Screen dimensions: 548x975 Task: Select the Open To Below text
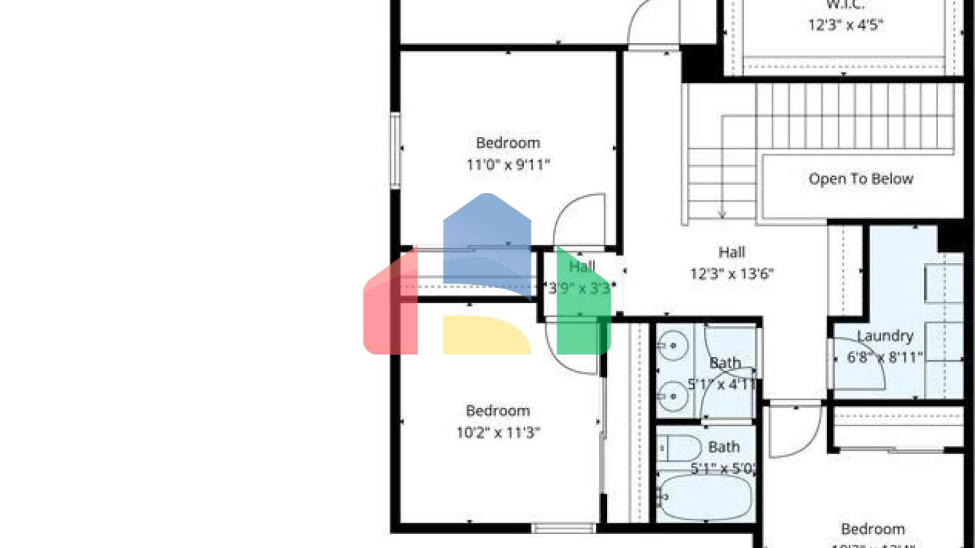[860, 179]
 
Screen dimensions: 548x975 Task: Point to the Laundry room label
[885, 336]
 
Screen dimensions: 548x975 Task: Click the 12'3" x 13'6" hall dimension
[731, 274]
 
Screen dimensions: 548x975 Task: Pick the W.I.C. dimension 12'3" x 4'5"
[846, 25]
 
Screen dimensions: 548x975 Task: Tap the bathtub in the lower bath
[705, 497]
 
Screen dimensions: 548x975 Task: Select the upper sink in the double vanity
[672, 346]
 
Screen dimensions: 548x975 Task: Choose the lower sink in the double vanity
[672, 397]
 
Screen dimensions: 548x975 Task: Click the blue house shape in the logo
[487, 238]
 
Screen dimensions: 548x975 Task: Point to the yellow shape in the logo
[486, 335]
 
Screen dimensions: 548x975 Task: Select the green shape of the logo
[583, 304]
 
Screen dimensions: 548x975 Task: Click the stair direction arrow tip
[722, 215]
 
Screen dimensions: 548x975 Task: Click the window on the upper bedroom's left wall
[395, 150]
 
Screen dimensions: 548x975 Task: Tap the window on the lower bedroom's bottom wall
[564, 528]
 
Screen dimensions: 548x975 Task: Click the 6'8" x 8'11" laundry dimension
[885, 358]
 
